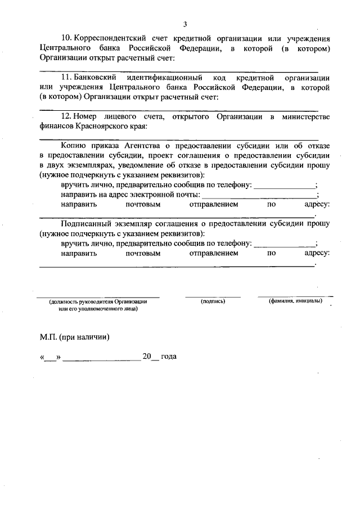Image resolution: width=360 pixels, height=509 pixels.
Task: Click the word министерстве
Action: click(304, 116)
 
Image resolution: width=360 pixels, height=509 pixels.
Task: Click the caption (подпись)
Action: click(213, 301)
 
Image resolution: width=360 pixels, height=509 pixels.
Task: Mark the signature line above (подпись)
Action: click(213, 296)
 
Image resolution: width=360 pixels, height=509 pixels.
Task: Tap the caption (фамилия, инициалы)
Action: click(295, 301)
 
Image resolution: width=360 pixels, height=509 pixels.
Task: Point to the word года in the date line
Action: click(169, 357)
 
